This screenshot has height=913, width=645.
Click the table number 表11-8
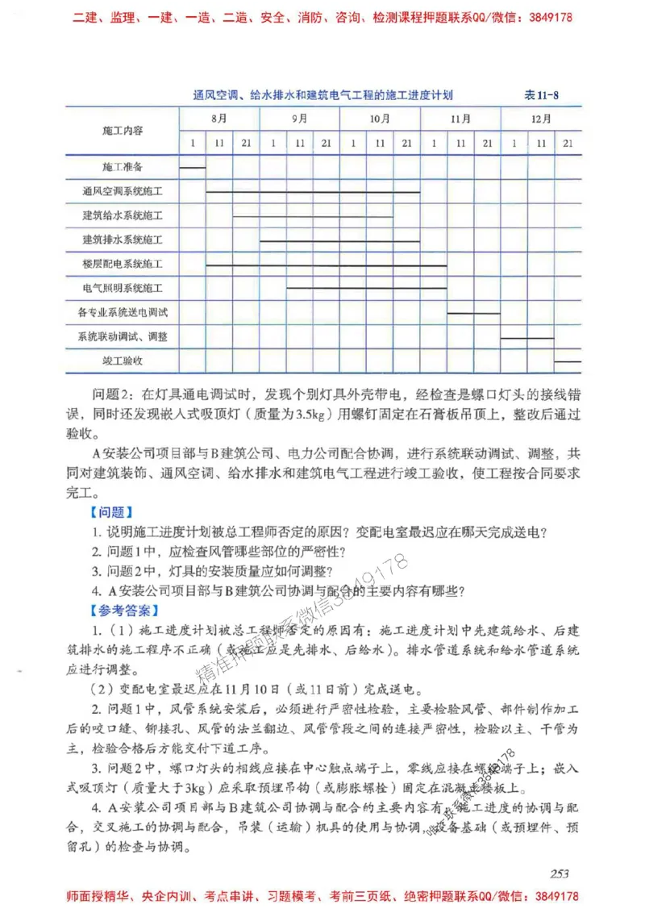(x=541, y=95)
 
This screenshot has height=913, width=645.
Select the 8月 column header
(x=218, y=119)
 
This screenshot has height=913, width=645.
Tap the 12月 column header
(x=541, y=119)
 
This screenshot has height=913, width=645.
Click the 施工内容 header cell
(x=123, y=130)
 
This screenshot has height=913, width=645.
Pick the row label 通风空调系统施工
(x=123, y=192)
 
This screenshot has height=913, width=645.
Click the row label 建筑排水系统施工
(x=123, y=240)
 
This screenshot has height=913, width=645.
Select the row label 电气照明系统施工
(x=123, y=288)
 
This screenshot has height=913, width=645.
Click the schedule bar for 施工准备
(x=192, y=167)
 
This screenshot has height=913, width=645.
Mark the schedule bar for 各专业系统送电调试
(x=473, y=312)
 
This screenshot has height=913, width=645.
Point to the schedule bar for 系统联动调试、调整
(x=527, y=337)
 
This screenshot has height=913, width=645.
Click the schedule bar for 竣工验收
(x=568, y=361)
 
